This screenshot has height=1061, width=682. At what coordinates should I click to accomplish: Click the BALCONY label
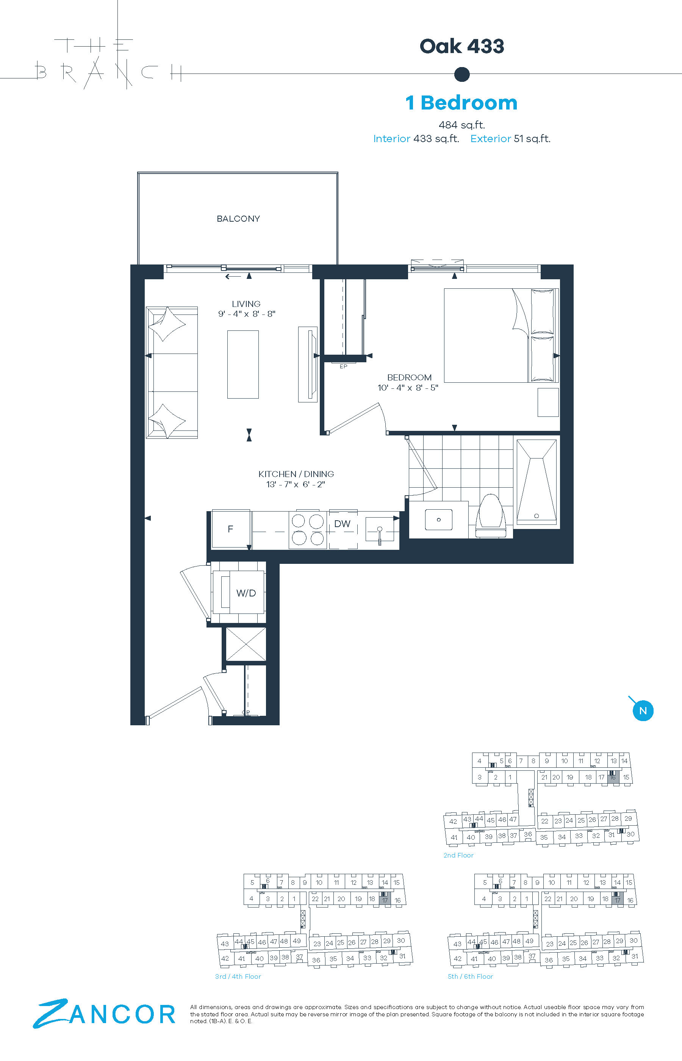[238, 219]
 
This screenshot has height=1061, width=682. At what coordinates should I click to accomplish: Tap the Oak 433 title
[462, 46]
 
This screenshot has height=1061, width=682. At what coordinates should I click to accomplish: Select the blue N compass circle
[643, 711]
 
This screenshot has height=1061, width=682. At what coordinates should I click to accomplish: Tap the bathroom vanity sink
[438, 520]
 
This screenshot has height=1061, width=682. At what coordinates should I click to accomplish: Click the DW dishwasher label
[343, 524]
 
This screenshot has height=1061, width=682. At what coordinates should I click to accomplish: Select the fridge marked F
[231, 529]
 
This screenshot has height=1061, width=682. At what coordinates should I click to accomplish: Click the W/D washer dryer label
[246, 593]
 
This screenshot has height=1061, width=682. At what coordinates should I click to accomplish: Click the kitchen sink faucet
[380, 535]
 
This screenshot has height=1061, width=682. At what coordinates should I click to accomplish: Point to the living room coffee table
[243, 365]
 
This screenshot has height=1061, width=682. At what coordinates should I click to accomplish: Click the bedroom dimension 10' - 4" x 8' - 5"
[408, 388]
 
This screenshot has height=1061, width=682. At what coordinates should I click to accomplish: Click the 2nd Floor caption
[458, 855]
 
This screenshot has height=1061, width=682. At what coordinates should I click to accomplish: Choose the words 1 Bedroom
[461, 103]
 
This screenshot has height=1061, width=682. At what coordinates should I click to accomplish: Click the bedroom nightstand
[548, 402]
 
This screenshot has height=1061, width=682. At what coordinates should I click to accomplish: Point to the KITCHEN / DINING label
[296, 474]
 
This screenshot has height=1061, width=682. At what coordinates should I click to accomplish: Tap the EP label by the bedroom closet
[343, 367]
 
